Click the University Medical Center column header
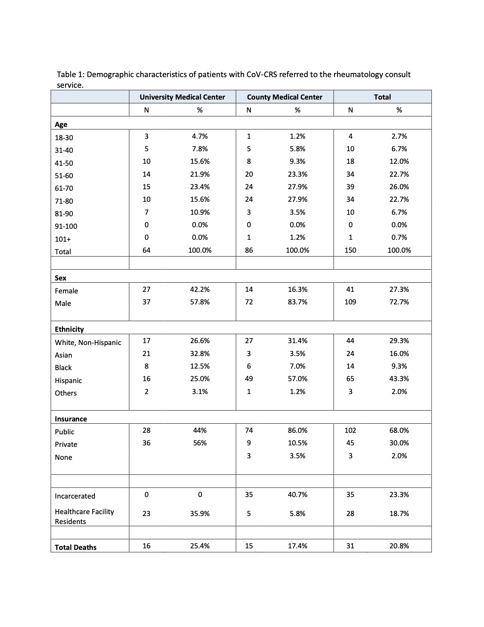[182, 97]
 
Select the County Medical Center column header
[284, 97]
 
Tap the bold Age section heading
[61, 124]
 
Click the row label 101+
[63, 239]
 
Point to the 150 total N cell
[350, 250]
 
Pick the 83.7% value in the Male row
[297, 302]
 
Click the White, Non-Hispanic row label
[88, 342]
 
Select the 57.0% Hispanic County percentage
[297, 379]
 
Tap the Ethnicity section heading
[69, 329]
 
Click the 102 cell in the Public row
[350, 430]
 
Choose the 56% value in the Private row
[200, 443]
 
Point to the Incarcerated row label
[75, 496]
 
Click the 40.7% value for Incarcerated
[297, 494]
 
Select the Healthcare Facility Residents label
[84, 516]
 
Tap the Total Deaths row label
[76, 547]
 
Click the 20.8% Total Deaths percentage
[399, 546]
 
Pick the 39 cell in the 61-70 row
[350, 187]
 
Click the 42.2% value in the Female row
[200, 290]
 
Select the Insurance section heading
[71, 419]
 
